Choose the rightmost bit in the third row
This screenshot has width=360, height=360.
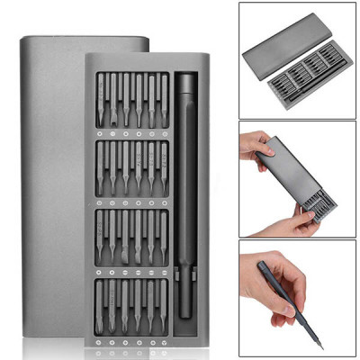pyautogui.click(x=164, y=238)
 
